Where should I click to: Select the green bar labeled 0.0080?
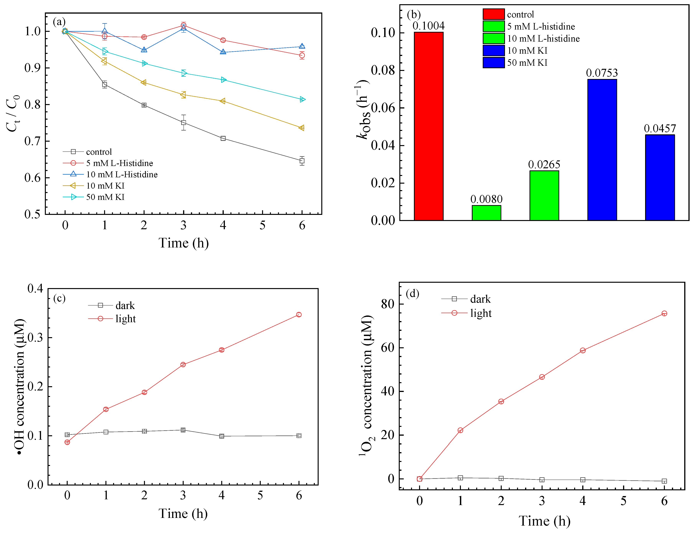[486, 213]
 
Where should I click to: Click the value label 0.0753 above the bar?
[602, 73]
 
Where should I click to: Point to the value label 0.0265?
[544, 165]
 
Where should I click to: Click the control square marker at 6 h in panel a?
[302, 161]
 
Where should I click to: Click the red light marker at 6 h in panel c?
[299, 315]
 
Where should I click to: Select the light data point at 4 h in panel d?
[582, 350]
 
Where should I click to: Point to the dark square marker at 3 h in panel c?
[183, 430]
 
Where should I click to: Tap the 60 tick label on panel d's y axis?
[387, 348]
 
